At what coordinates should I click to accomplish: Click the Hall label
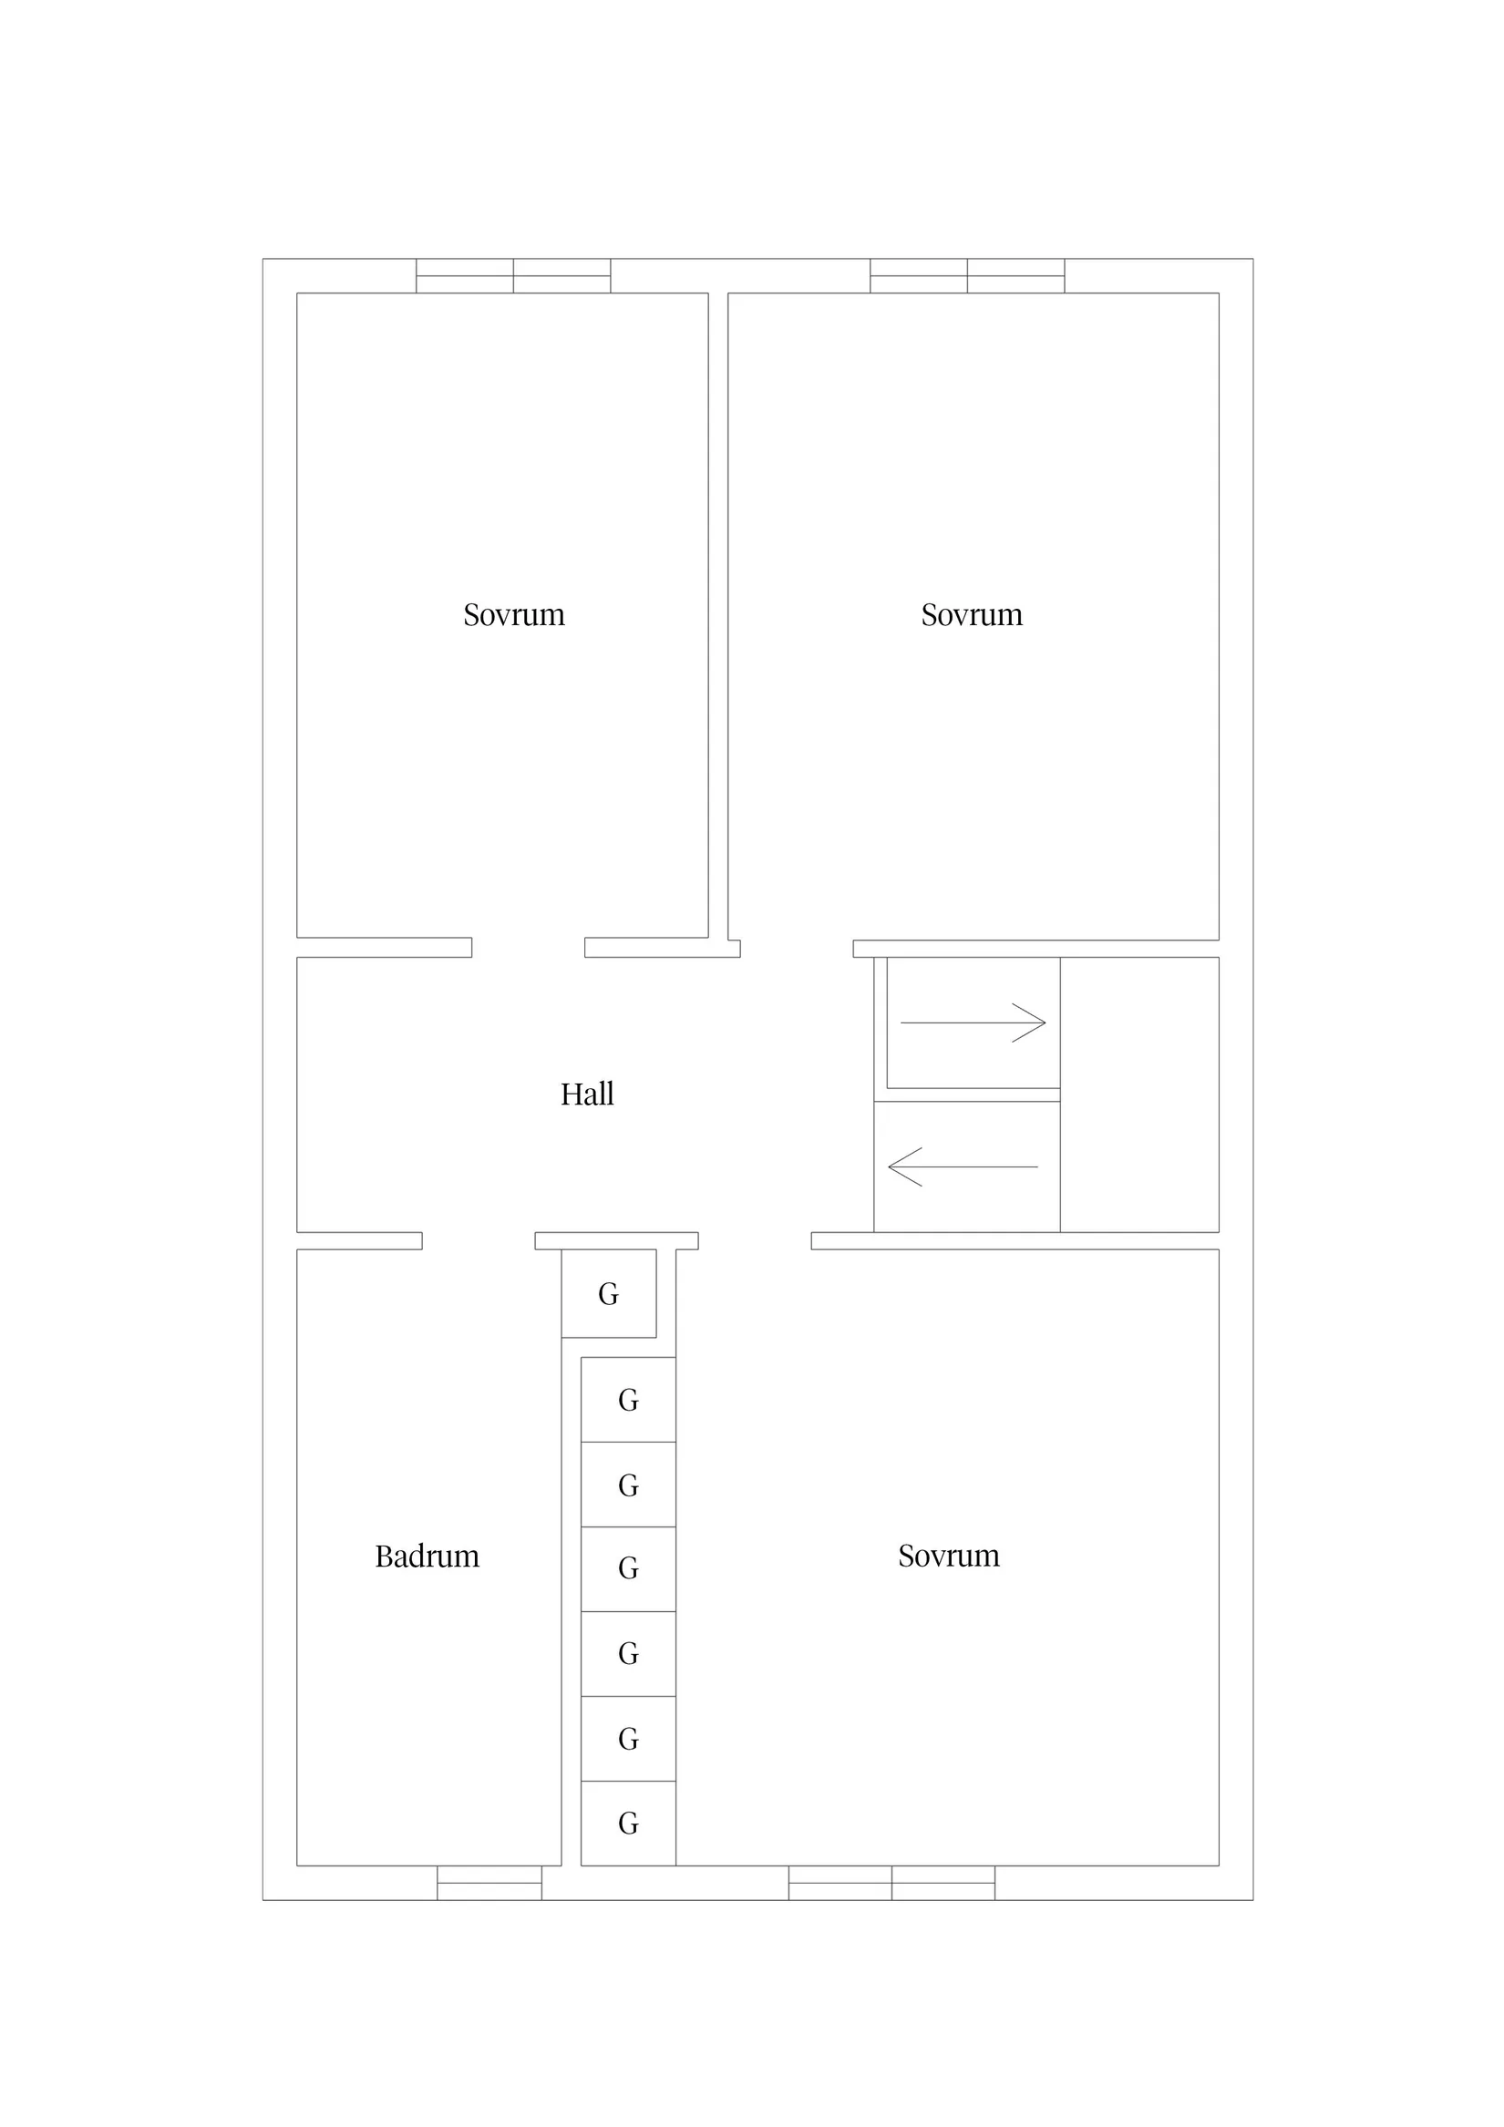pos(587,1094)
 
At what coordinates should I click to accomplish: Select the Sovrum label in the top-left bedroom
pos(513,614)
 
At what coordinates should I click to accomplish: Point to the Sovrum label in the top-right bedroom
pos(971,614)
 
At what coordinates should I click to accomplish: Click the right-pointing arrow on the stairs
pos(973,1022)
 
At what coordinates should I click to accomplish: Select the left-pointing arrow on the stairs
pos(963,1167)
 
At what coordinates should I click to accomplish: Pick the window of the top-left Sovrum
pos(513,276)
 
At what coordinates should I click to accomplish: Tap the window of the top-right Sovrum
pos(967,276)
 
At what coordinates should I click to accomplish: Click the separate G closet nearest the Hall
pos(609,1293)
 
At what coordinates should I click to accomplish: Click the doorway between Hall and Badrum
pos(479,1241)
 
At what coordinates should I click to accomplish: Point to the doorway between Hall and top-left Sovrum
pos(528,948)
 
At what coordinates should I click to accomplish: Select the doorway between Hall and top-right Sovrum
pos(797,949)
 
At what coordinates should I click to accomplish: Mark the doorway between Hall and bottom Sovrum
pos(756,1241)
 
